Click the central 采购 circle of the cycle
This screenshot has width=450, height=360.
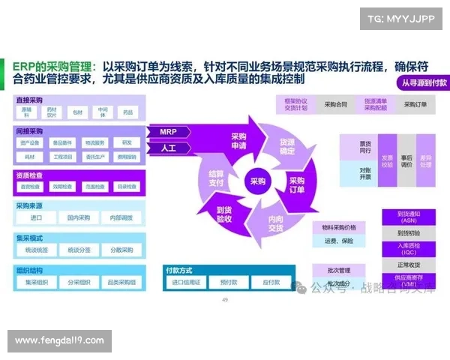tap(257, 180)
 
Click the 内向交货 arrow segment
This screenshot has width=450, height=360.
tap(275, 223)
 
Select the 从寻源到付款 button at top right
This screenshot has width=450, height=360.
tap(423, 83)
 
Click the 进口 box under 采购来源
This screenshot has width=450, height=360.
tap(37, 217)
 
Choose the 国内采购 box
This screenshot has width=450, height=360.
tap(78, 217)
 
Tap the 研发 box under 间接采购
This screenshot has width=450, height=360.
tap(126, 142)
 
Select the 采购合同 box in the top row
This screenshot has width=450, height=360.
tap(334, 105)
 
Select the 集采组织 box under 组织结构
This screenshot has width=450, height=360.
tap(37, 282)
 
